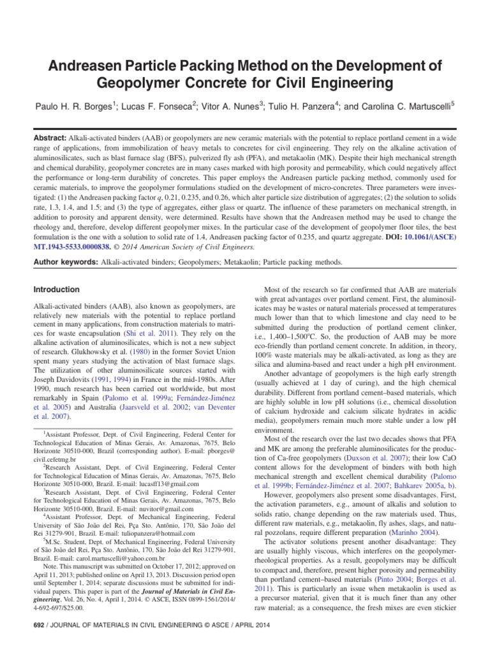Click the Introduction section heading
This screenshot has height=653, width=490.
pyautogui.click(x=57, y=290)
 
